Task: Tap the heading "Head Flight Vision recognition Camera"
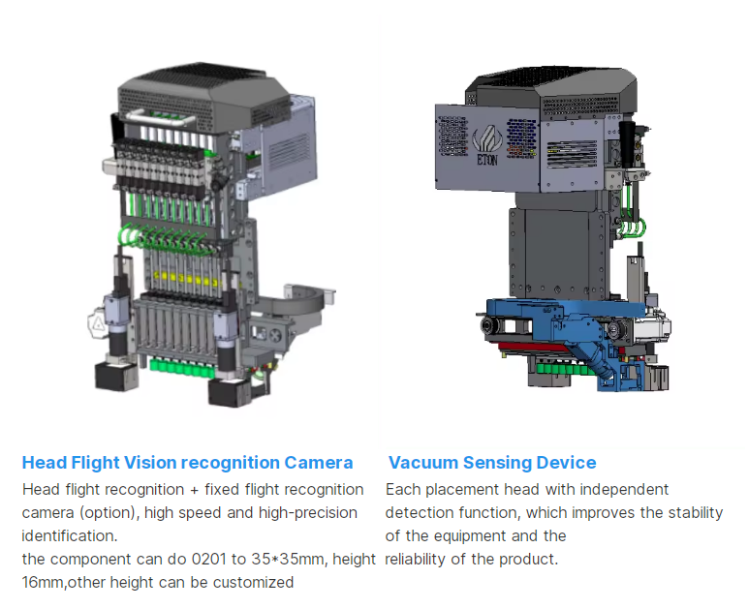187,463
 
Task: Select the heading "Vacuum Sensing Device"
492,463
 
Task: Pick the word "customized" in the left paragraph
249,583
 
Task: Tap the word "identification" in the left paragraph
68,535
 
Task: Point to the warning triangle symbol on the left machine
98,324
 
